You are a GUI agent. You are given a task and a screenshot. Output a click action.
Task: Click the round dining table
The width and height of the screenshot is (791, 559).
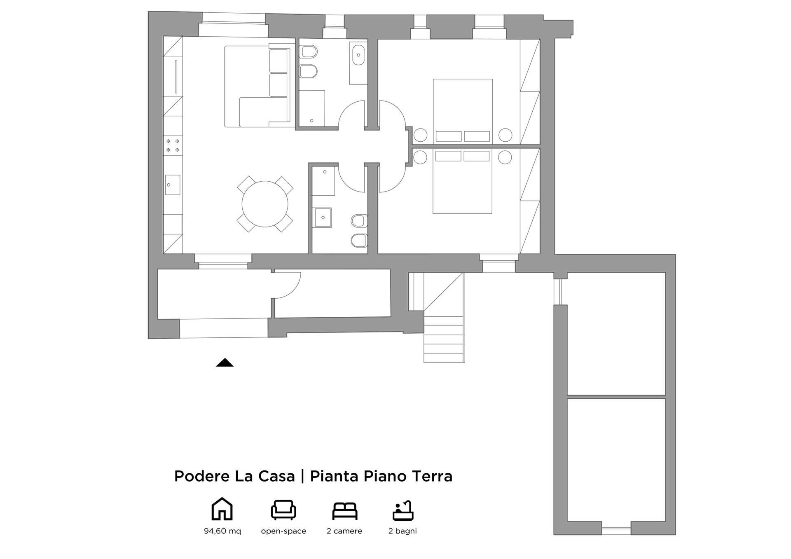(x=265, y=204)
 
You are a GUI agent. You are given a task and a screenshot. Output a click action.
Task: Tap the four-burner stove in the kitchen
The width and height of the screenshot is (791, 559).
(x=173, y=145)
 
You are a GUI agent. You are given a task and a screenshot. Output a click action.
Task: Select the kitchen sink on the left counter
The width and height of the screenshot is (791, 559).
(x=173, y=185)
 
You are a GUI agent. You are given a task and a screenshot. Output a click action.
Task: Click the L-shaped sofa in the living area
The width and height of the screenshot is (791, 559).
(x=257, y=86)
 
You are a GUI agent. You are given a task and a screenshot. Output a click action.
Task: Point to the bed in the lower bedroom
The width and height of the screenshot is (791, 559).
(x=462, y=181)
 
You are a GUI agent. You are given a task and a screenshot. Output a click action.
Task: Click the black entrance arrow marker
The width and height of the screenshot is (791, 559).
(x=225, y=363)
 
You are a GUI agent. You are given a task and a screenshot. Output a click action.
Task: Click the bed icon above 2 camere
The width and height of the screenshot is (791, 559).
(x=344, y=511)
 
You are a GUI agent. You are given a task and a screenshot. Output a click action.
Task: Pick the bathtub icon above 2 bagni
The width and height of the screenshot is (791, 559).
(x=403, y=510)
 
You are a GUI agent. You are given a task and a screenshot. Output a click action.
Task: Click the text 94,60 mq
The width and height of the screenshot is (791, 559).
(x=222, y=531)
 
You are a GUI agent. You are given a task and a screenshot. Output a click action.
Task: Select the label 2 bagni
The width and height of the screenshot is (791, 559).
(x=403, y=531)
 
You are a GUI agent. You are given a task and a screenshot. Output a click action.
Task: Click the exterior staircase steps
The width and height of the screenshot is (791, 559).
(x=444, y=339)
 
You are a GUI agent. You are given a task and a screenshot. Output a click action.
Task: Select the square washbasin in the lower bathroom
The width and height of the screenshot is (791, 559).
(x=323, y=218)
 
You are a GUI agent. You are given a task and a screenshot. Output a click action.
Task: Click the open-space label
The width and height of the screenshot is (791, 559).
(x=283, y=531)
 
